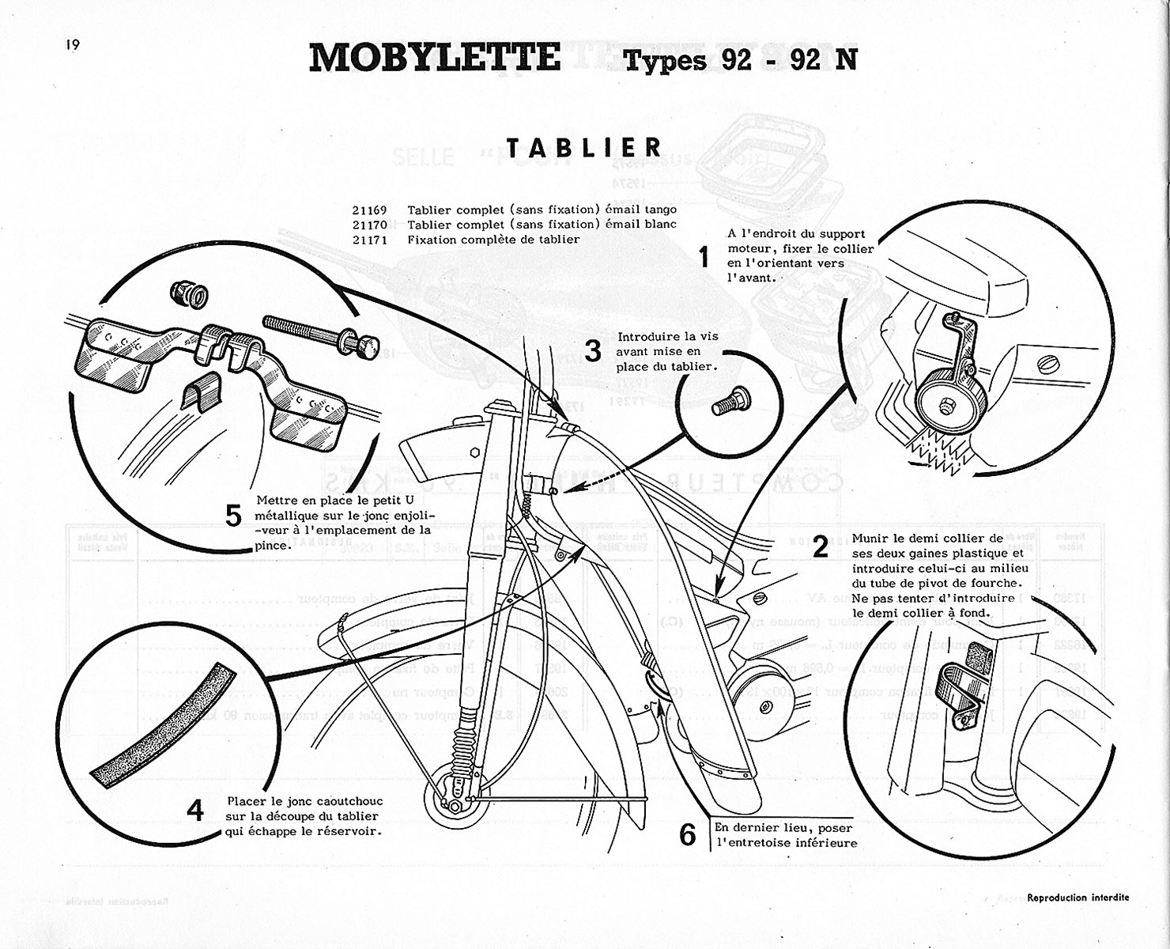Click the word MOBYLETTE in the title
click(434, 57)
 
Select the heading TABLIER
click(584, 147)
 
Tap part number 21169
click(370, 210)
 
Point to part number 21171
click(370, 240)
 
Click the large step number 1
click(703, 257)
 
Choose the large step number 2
click(821, 546)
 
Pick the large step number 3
click(593, 351)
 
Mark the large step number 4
click(194, 811)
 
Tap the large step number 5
click(233, 516)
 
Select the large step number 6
click(688, 834)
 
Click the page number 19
click(73, 45)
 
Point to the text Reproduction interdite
click(1078, 898)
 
